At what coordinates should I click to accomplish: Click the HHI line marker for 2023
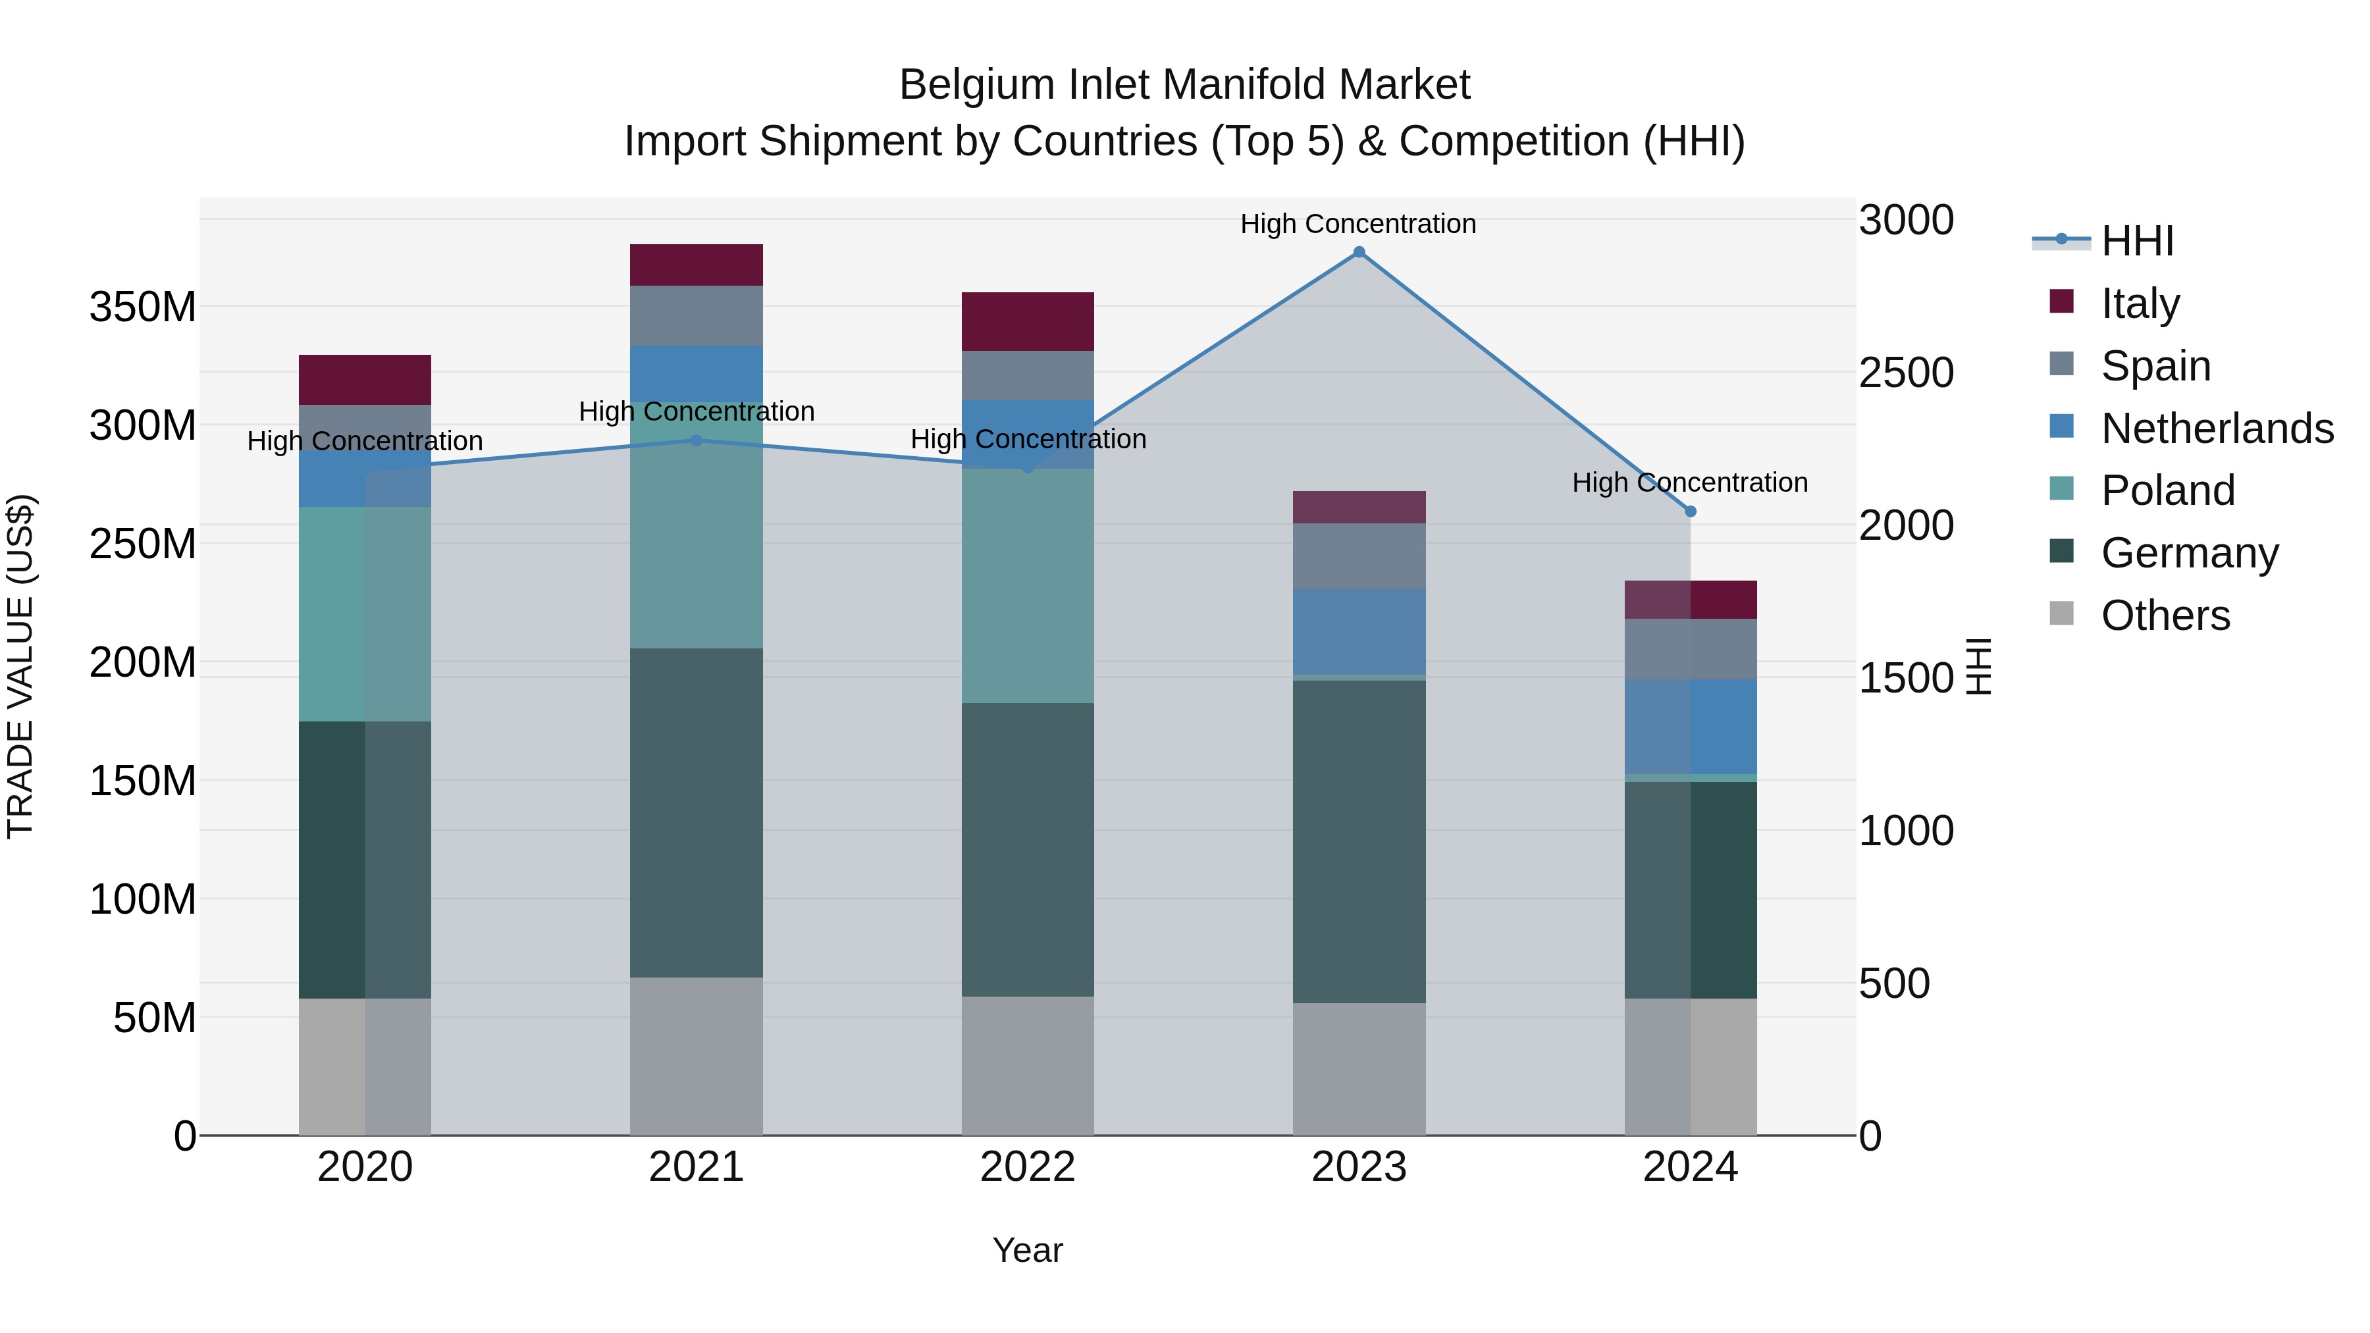click(x=1359, y=252)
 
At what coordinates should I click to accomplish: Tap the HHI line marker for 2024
click(x=1690, y=511)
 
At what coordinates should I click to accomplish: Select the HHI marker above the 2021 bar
click(x=697, y=440)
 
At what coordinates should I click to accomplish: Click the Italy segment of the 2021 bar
click(x=697, y=265)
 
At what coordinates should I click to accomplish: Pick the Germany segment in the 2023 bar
click(x=1359, y=842)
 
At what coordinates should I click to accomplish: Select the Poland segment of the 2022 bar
click(x=1028, y=586)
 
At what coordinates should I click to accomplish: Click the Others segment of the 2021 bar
click(x=697, y=1056)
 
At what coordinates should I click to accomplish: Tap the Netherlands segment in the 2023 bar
click(x=1359, y=631)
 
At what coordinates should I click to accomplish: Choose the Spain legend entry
click(x=2155, y=366)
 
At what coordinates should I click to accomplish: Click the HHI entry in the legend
click(x=2137, y=241)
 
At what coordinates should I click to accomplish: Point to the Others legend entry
click(x=2165, y=615)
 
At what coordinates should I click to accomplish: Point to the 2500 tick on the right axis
click(x=1905, y=373)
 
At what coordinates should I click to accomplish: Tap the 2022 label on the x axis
click(x=1028, y=1167)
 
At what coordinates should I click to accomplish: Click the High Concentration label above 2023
click(x=1358, y=224)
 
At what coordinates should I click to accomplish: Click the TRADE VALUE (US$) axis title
click(x=20, y=666)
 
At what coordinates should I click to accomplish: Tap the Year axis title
click(x=1028, y=1250)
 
